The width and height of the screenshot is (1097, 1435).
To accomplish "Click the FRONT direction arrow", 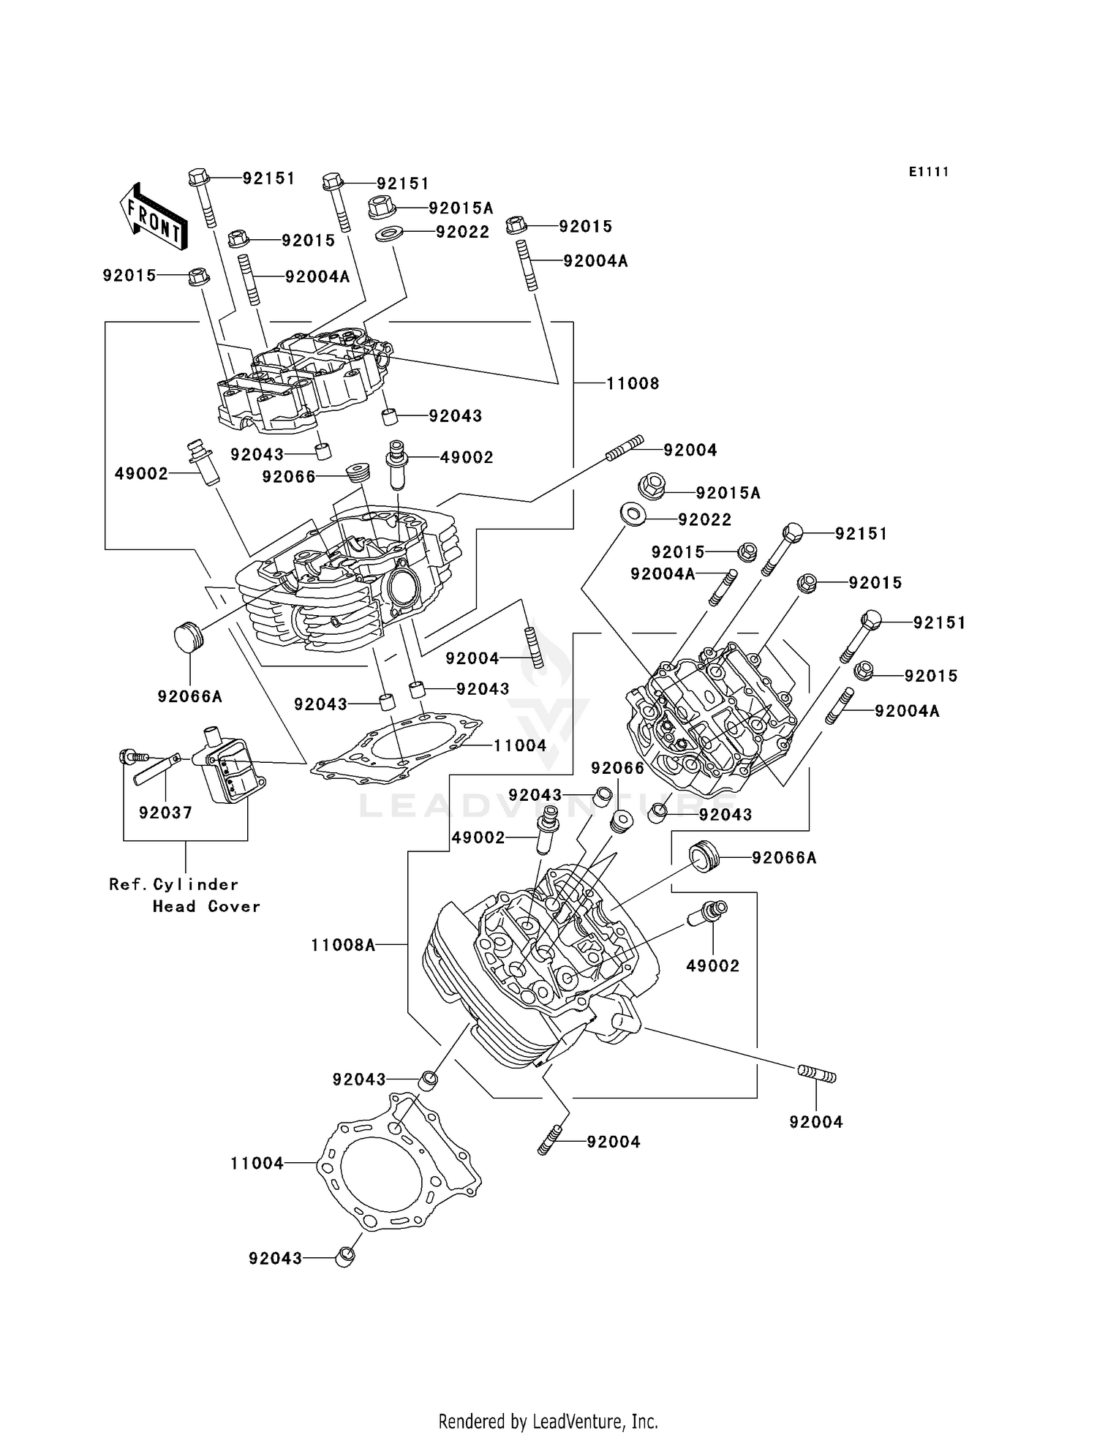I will pyautogui.click(x=154, y=217).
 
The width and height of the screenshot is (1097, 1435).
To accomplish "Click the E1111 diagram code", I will pyautogui.click(x=928, y=172).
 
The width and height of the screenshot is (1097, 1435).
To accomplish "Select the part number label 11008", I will pyautogui.click(x=633, y=383).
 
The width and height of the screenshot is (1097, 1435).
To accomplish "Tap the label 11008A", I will pyautogui.click(x=343, y=945).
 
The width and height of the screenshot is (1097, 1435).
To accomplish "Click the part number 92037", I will pyautogui.click(x=165, y=813).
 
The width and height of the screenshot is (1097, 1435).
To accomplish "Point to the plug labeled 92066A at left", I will pyautogui.click(x=188, y=636).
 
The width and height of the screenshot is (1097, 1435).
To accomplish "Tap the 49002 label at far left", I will pyautogui.click(x=141, y=474).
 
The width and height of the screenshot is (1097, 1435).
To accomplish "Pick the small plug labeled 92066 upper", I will pyautogui.click(x=358, y=472).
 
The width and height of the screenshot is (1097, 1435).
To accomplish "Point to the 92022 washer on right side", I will pyautogui.click(x=633, y=515).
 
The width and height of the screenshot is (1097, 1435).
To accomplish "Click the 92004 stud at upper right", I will pyautogui.click(x=625, y=448).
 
